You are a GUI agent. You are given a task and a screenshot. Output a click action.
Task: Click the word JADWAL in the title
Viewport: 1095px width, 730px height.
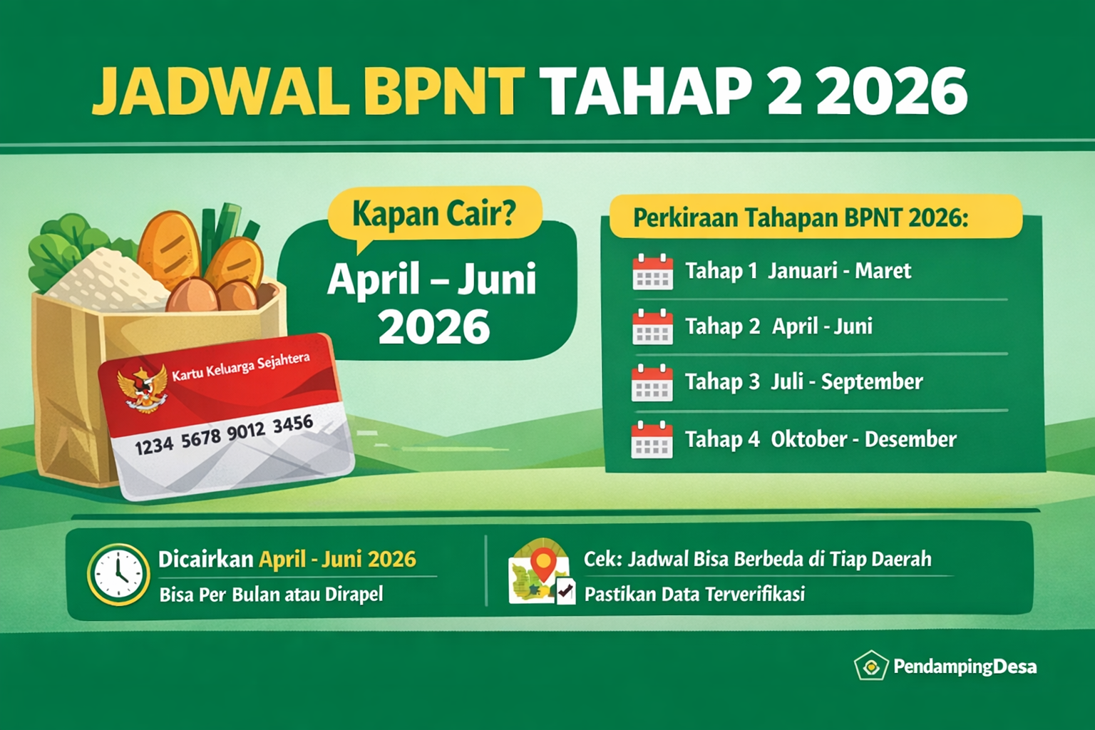point(220,92)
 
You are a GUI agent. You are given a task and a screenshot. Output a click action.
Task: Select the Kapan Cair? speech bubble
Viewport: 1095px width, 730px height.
point(434,213)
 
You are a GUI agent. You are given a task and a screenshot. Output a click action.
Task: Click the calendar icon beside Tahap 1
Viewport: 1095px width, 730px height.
point(652,272)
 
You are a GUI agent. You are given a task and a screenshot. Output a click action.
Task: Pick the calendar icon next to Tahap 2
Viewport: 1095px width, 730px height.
point(652,327)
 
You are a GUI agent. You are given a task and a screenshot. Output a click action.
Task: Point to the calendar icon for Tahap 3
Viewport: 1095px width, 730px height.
point(652,382)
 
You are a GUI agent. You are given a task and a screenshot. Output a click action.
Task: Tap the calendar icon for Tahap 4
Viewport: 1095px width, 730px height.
point(652,439)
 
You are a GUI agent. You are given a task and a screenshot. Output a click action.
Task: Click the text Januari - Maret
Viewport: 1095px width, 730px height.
point(839,271)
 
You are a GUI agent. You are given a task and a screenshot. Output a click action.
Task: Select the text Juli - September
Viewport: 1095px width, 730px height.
point(846,382)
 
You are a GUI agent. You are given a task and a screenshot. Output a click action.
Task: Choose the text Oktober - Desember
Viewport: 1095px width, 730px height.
point(863,439)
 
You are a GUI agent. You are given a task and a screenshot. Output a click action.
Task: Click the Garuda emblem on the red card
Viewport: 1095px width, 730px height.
point(143,389)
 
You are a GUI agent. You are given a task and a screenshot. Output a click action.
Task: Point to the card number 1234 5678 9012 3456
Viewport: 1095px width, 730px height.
point(224,435)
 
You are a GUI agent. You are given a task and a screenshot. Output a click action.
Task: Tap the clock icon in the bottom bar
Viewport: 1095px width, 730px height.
point(118,575)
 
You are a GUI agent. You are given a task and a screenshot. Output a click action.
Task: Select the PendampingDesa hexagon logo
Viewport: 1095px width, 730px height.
point(870,667)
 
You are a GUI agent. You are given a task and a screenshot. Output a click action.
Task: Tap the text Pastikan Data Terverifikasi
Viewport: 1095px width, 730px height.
point(694,594)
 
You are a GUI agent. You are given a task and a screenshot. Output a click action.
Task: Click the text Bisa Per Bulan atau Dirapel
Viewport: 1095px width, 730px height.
point(271,594)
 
